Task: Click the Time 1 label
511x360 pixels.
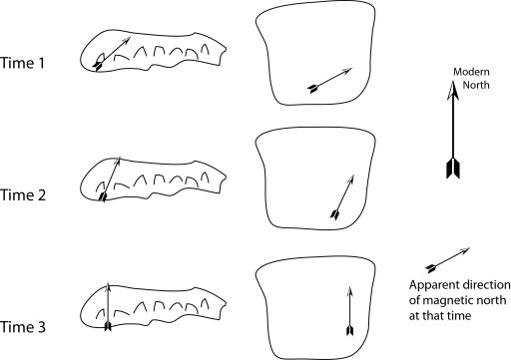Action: click(22, 63)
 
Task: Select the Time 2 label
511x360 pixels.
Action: click(23, 194)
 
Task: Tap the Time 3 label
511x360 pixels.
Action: click(23, 327)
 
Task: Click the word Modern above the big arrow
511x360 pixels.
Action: click(471, 72)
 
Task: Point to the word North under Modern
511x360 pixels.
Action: click(476, 85)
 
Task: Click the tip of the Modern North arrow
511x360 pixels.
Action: click(453, 81)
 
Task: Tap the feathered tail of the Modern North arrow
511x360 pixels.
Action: click(453, 169)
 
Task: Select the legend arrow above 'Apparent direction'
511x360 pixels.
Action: click(448, 260)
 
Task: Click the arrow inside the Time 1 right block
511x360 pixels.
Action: click(329, 80)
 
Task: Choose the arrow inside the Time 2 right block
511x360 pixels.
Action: click(342, 196)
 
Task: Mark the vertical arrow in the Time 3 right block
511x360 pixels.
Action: click(349, 311)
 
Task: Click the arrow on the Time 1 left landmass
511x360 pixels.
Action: click(112, 54)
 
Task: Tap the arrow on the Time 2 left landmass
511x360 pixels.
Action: click(110, 180)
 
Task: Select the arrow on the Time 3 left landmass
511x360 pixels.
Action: click(108, 306)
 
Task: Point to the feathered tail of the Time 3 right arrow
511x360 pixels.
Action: click(349, 330)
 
